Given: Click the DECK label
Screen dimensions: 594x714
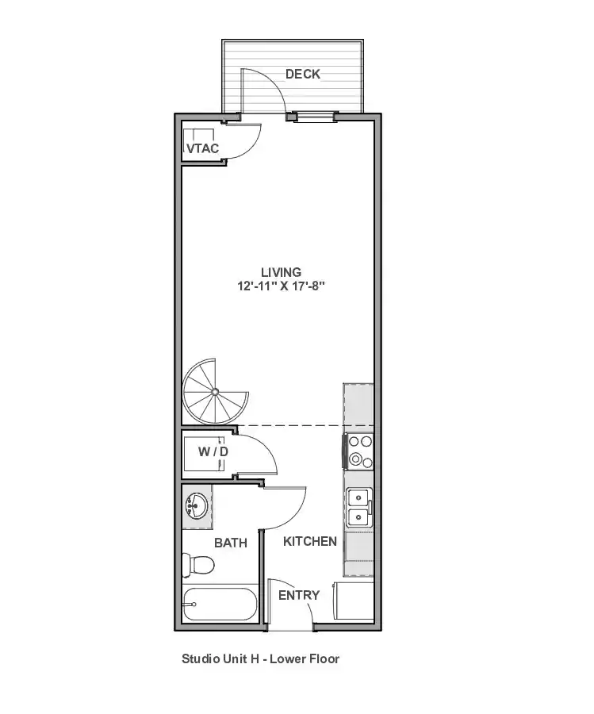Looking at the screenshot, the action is (x=303, y=74).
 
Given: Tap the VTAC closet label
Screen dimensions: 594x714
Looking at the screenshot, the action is (x=202, y=148).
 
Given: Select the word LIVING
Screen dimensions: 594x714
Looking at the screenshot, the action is (x=281, y=272).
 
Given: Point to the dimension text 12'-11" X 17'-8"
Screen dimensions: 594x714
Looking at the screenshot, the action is (x=281, y=286).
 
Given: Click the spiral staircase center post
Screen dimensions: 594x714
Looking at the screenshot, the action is (x=215, y=391).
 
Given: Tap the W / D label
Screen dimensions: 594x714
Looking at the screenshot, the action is (x=213, y=451).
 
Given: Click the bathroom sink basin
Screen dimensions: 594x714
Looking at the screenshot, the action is (x=197, y=506).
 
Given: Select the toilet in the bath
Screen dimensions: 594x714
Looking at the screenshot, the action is (x=198, y=565).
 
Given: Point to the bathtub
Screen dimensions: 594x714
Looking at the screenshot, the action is (x=220, y=604).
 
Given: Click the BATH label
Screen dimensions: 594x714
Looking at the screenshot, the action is (x=231, y=543).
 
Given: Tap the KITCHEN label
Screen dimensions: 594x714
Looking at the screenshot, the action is (x=310, y=541).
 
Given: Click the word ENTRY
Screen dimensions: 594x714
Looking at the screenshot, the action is (x=299, y=595).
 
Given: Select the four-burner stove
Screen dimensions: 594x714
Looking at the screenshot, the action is (x=359, y=451).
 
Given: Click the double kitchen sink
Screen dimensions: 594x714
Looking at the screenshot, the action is (x=359, y=507).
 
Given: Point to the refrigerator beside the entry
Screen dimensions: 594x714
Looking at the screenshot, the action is (x=354, y=601).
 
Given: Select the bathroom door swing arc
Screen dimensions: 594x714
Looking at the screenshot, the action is (x=294, y=516).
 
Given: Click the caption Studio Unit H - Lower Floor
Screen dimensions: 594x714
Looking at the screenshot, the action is (x=261, y=659).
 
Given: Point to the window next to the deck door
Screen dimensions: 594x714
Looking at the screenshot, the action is (x=313, y=117).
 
